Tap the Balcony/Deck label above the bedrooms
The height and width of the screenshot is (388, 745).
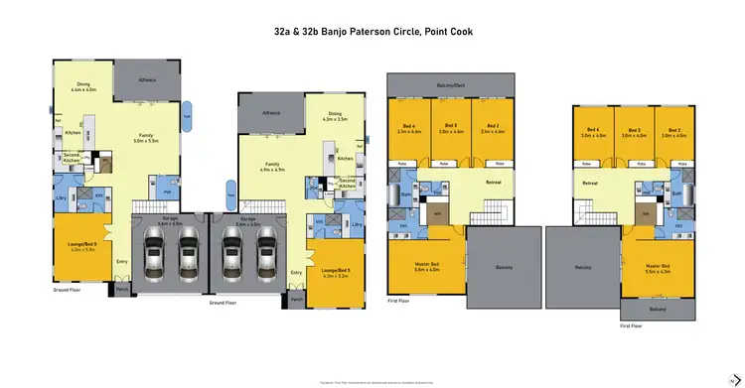451,85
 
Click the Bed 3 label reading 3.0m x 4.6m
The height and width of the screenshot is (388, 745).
451,128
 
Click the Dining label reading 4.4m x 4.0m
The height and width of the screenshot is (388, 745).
83,87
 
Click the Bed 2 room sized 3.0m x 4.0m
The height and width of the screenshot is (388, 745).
674,131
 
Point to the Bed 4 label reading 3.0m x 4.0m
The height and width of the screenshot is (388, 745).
594,131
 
